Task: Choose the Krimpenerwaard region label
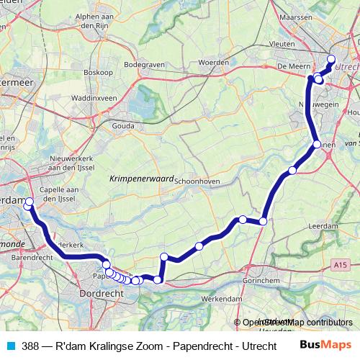[140, 177]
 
